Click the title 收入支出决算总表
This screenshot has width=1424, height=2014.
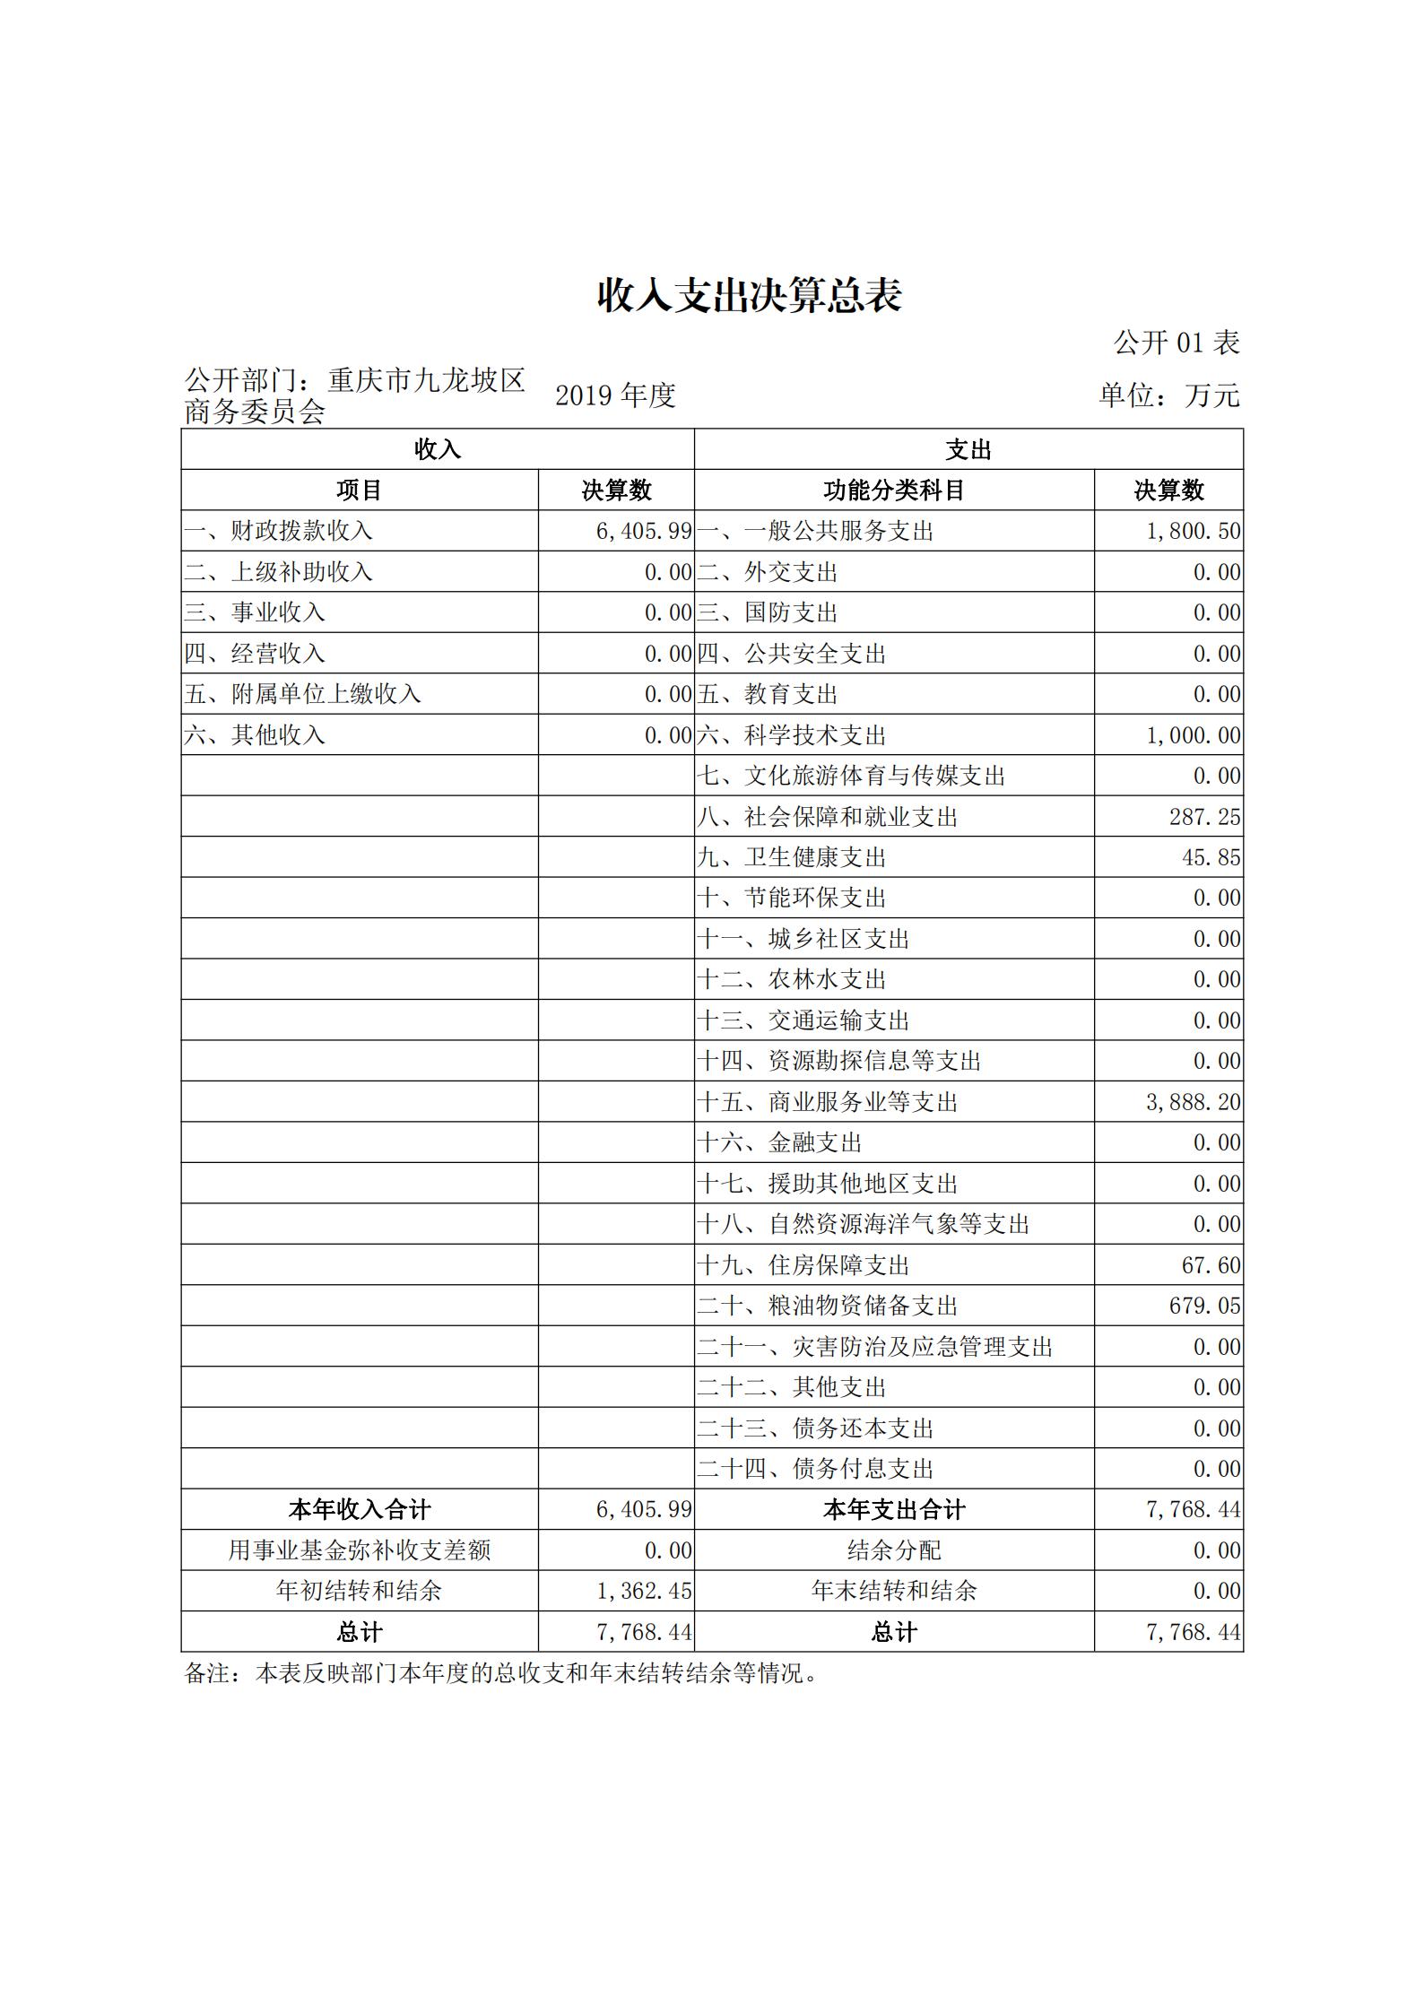[x=749, y=296]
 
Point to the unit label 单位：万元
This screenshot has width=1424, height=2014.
[x=1169, y=395]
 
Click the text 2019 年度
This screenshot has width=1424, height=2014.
[x=615, y=395]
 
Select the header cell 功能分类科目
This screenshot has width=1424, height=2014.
[x=893, y=490]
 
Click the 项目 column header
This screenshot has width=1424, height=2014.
[x=360, y=490]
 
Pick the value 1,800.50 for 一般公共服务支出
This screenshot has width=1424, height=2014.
[x=1193, y=532]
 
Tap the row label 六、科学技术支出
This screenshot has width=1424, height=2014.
[x=792, y=735]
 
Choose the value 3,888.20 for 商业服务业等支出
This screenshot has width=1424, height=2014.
[x=1193, y=1102]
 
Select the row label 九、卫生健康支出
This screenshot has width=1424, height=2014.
[x=792, y=857]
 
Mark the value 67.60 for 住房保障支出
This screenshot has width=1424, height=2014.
[x=1211, y=1265]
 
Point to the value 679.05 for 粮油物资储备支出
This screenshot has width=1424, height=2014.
[x=1204, y=1306]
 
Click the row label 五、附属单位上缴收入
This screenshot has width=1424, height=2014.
[x=302, y=694]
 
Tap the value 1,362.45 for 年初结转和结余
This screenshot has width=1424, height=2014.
[x=644, y=1591]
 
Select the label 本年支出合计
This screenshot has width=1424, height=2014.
[x=893, y=1510]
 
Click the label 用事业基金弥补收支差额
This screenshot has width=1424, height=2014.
[x=360, y=1550]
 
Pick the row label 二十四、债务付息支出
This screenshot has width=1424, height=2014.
[x=815, y=1469]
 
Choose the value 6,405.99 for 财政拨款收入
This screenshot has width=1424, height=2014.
[x=644, y=532]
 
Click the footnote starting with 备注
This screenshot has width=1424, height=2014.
[x=501, y=1673]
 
